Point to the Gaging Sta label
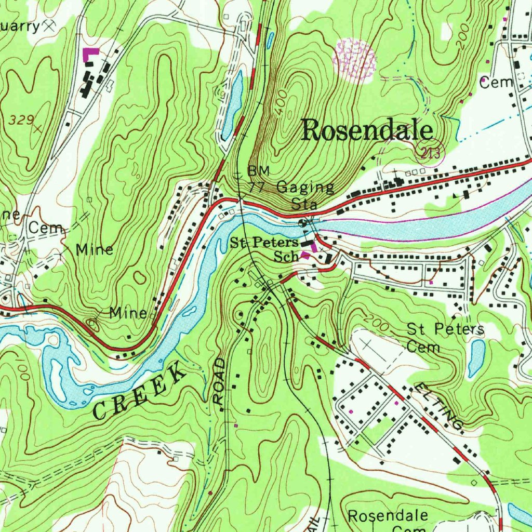click(305, 194)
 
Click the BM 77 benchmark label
click(259, 178)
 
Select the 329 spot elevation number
click(22, 120)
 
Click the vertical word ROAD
click(219, 381)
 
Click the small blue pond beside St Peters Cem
click(476, 358)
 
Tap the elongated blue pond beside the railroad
click(232, 105)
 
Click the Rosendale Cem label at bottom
click(388, 520)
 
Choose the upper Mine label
click(95, 250)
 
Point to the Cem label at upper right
click(496, 82)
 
